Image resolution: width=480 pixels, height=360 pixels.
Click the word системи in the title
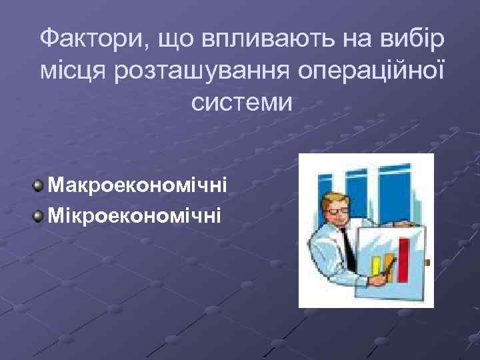tap(241, 102)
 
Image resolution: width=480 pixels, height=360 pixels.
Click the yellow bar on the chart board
tap(376, 267)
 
